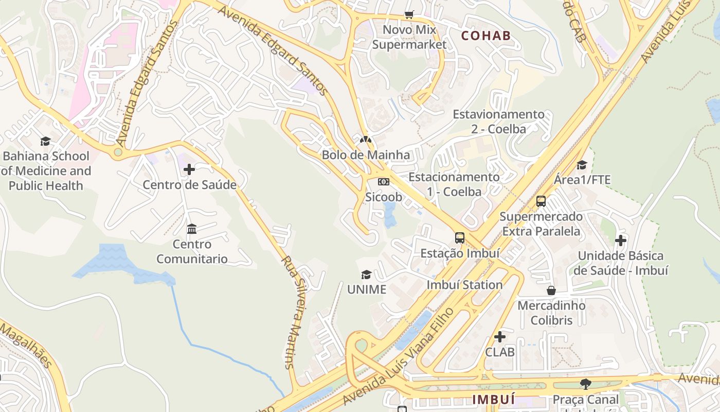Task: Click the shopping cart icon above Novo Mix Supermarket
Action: tap(409, 15)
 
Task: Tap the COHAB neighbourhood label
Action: tap(486, 36)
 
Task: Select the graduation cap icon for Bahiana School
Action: tap(46, 141)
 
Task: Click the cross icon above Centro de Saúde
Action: tap(189, 169)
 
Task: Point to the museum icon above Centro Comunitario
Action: tap(192, 229)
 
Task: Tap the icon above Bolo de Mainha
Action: tap(366, 139)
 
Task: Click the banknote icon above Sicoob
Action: tap(384, 182)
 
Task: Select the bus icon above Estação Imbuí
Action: tap(460, 238)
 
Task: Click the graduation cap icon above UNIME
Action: tap(366, 274)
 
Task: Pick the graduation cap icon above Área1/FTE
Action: tap(582, 165)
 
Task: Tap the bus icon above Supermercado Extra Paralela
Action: tap(541, 201)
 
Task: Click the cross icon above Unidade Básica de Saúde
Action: tap(621, 241)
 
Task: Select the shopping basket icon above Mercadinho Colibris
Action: tap(551, 290)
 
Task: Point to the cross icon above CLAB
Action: tap(499, 337)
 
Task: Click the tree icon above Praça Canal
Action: tap(585, 384)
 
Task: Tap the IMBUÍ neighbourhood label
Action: tap(493, 399)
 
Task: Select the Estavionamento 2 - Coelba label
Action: tap(498, 122)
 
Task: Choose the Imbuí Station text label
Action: tap(464, 285)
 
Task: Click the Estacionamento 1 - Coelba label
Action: tap(454, 184)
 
